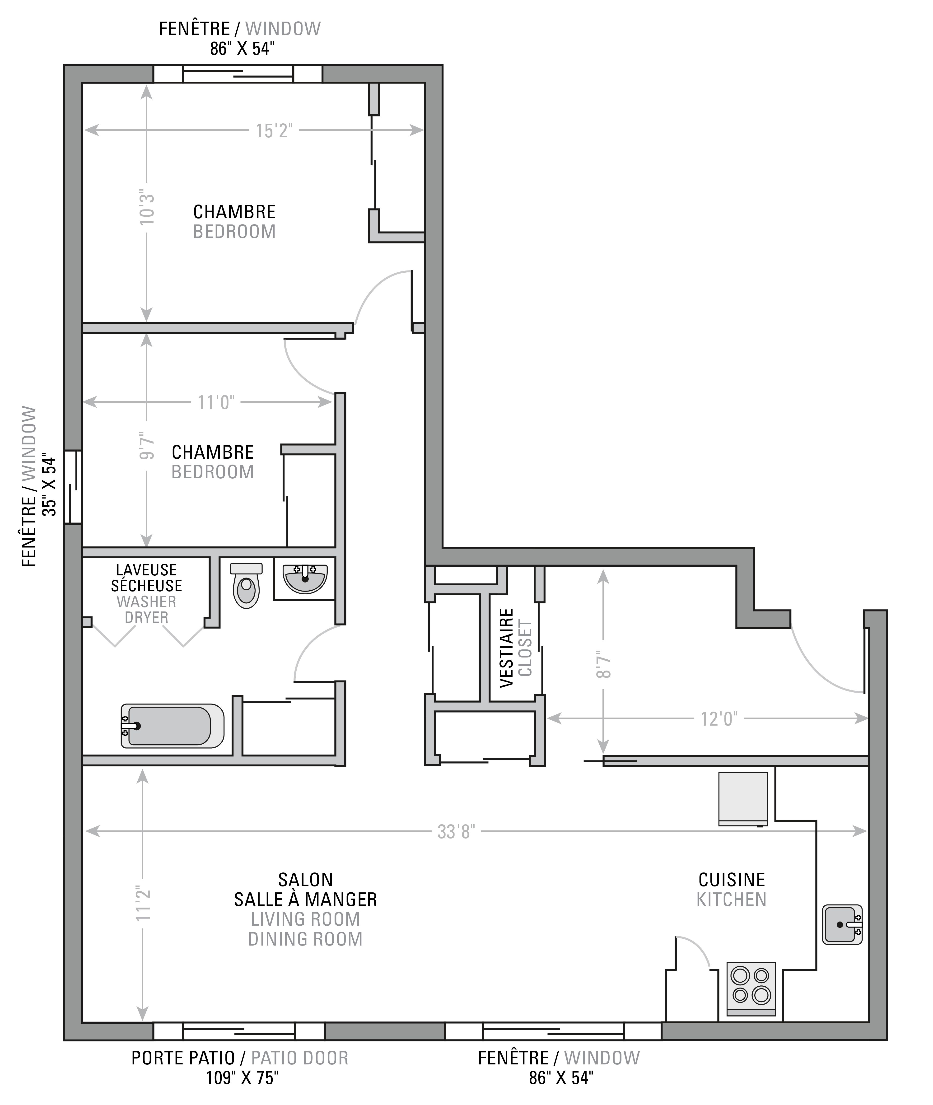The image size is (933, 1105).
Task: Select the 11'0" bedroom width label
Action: [x=216, y=402]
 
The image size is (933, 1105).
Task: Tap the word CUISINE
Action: [x=732, y=880]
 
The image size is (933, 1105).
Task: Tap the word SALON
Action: [x=306, y=880]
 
